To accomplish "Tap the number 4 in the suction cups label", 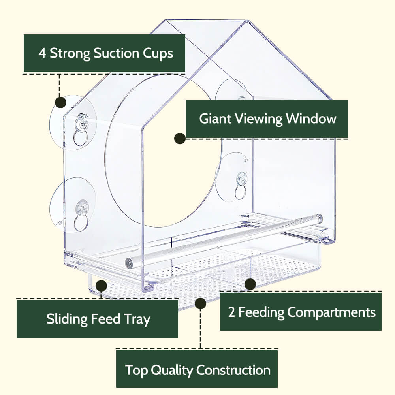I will [42, 53].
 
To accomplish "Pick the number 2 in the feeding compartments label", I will [232, 312].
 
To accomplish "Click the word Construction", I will [233, 370].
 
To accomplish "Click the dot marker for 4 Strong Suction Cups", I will [60, 102].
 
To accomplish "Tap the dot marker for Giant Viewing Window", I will [180, 138].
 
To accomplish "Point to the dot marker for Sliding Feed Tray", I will [101, 286].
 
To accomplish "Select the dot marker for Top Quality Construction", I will [200, 303].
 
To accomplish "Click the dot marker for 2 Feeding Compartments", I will [250, 284].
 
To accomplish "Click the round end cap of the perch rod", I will [129, 264].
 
